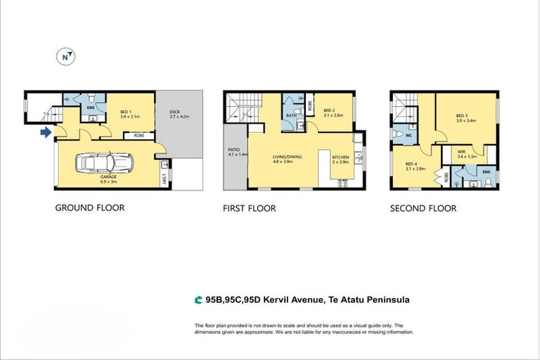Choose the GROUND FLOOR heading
90,208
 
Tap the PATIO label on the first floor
234,150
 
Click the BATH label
291,115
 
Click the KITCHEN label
340,157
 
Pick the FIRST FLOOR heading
249,208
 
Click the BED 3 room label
461,116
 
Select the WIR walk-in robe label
461,152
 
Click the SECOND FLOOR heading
423,208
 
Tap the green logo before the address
198,300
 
